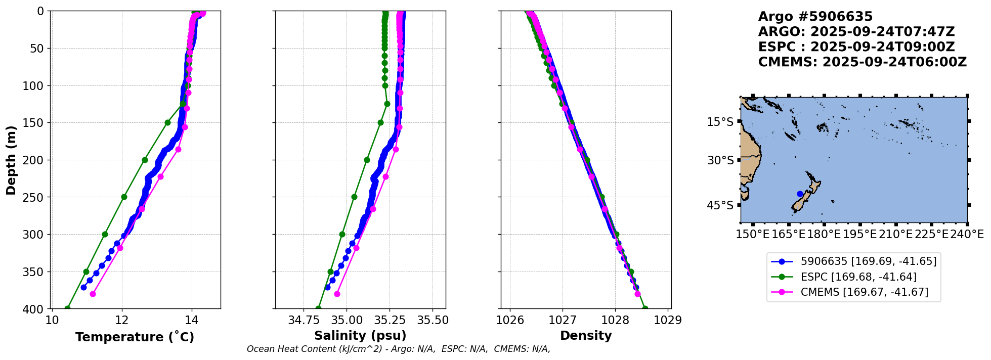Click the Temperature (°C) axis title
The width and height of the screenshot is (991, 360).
(x=135, y=337)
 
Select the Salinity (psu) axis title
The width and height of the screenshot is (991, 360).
(x=360, y=336)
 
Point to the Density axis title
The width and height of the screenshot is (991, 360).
(x=586, y=336)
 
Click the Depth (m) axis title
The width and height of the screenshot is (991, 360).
(x=11, y=160)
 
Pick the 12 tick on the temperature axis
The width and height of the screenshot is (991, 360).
(x=121, y=320)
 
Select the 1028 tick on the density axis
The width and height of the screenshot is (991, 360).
(x=615, y=320)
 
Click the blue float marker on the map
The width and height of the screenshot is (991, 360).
(x=800, y=194)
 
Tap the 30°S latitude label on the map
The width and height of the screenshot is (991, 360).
(x=720, y=161)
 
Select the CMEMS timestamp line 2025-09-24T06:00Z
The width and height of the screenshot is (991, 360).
(x=862, y=62)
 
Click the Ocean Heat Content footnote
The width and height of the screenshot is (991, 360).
(x=398, y=349)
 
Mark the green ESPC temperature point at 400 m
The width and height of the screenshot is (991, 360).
(x=67, y=308)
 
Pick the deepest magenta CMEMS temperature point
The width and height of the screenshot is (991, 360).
(x=93, y=294)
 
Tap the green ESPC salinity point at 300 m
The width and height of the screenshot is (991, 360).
(x=342, y=234)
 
